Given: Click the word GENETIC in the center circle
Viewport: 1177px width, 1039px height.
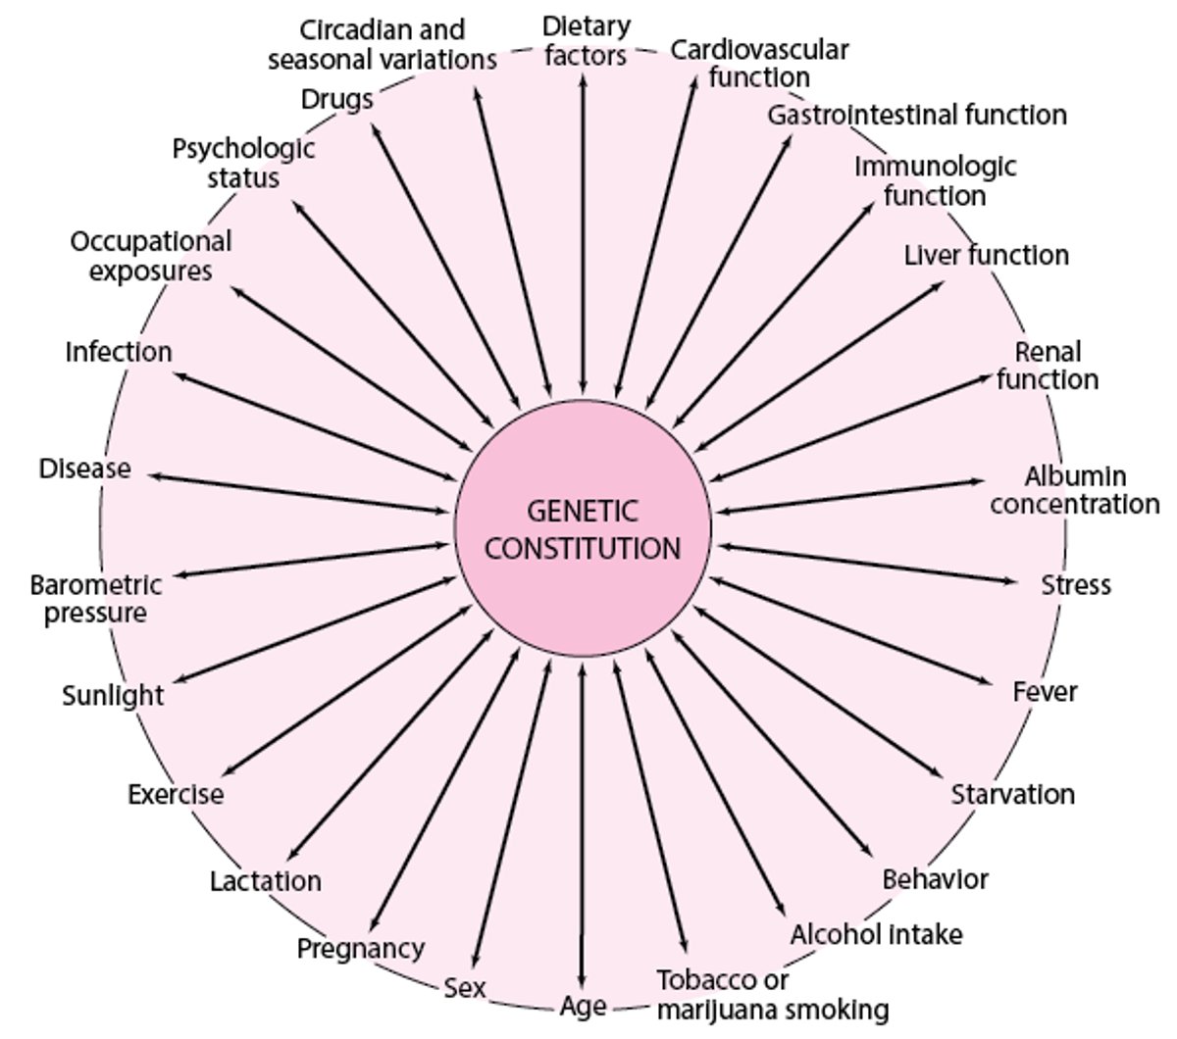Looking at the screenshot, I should click(x=583, y=512).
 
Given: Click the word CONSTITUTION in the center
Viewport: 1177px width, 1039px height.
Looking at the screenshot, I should click(x=583, y=547).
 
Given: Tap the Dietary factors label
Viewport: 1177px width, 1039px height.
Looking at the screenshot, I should click(x=586, y=40).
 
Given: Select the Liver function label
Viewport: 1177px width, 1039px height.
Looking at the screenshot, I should click(x=986, y=256).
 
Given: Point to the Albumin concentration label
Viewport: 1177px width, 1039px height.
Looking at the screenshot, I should click(x=1075, y=490).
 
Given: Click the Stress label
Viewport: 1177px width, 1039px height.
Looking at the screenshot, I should click(x=1076, y=585).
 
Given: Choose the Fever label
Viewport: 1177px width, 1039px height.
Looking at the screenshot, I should click(x=1045, y=692).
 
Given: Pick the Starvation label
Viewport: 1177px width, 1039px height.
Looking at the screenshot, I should click(x=1012, y=794).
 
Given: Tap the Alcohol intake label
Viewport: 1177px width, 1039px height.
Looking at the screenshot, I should click(x=876, y=934).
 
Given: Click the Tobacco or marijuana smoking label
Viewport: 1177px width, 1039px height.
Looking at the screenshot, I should click(x=773, y=994).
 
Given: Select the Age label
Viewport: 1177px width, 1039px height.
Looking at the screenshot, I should click(x=584, y=1007).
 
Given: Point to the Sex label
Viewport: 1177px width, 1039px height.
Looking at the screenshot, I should click(x=464, y=987).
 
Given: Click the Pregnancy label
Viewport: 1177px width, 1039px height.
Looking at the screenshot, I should click(x=361, y=949).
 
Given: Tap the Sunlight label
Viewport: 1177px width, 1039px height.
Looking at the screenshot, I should click(x=113, y=696).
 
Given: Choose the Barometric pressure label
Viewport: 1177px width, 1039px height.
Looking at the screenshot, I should click(x=95, y=599).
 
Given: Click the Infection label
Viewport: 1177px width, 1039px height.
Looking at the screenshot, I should click(x=119, y=352).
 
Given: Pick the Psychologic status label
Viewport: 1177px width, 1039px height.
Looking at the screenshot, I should click(x=244, y=163).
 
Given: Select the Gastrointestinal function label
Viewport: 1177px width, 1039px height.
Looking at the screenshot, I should click(x=916, y=116).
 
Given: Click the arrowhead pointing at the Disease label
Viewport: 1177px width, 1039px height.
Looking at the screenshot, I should click(x=155, y=475).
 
